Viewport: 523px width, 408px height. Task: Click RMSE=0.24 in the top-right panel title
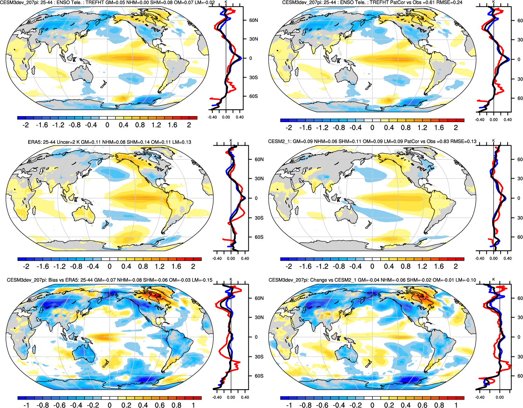coord(450,2)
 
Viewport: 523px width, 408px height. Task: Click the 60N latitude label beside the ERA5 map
coord(259,160)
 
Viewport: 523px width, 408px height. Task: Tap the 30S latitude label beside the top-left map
coord(253,78)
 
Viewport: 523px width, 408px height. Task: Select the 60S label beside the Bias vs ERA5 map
coord(259,376)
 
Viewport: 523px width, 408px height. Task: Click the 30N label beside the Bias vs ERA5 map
coord(259,317)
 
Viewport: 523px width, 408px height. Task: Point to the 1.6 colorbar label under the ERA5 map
coord(176,267)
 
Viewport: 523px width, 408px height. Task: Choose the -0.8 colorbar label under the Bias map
coord(43,405)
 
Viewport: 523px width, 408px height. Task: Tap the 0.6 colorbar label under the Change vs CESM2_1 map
coord(422,405)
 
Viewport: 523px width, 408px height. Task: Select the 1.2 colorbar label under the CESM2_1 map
coord(422,267)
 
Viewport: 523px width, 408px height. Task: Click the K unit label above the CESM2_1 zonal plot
coord(494,141)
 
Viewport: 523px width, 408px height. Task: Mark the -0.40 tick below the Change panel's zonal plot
coord(480,397)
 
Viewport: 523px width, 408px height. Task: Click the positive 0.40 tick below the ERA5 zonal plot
coord(245,259)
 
